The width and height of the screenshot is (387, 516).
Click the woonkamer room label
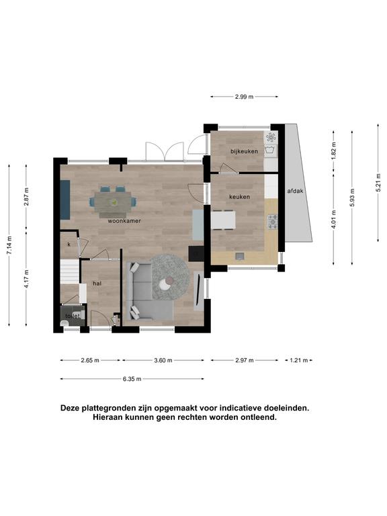[124, 221]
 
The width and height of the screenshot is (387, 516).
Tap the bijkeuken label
[244, 151]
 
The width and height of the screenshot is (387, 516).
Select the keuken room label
[239, 197]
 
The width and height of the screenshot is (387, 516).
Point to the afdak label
[295, 191]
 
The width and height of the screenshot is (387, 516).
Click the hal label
[97, 284]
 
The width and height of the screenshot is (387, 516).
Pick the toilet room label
[73, 316]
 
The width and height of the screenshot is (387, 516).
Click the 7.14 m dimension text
[9, 245]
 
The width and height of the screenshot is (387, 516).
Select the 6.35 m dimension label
[132, 379]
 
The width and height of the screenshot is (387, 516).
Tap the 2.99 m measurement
[244, 97]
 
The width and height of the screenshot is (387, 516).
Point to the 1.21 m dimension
[298, 360]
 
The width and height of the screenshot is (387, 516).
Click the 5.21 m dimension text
[378, 182]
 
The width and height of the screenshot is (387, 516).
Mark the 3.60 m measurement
[163, 360]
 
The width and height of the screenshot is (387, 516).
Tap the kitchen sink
[240, 256]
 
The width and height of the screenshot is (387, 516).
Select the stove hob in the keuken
[273, 222]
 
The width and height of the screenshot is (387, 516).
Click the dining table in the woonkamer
[113, 202]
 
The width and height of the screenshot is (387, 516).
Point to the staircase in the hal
[70, 271]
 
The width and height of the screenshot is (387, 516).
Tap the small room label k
[69, 245]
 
